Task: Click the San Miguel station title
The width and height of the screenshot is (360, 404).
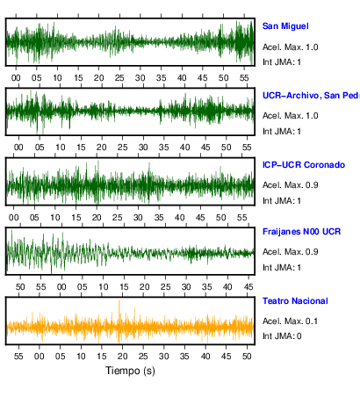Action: point(285,26)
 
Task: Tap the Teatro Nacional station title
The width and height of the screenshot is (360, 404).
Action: point(295,301)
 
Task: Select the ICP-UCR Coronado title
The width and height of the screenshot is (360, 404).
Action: point(304,165)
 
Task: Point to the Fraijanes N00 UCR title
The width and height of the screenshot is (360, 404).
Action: point(301,232)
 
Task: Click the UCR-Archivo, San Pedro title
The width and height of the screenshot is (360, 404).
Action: point(311,96)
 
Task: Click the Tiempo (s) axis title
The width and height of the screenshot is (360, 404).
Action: point(130,371)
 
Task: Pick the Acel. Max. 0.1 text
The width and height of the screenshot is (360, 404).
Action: point(290,321)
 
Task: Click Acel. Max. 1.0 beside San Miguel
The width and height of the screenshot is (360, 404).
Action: point(290,47)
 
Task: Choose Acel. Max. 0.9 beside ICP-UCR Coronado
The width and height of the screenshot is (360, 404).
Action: point(290,185)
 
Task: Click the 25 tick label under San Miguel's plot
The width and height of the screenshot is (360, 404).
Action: point(119,78)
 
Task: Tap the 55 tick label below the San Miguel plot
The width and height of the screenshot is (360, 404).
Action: point(244,78)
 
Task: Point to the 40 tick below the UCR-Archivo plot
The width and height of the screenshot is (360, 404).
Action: point(184,147)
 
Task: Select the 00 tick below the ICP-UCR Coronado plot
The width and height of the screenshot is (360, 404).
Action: point(14,218)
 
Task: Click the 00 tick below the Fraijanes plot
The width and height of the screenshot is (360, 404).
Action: point(61,287)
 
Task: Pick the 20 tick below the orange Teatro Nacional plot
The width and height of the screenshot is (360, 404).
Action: point(122,357)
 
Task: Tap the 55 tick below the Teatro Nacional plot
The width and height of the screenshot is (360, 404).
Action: point(18,357)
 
